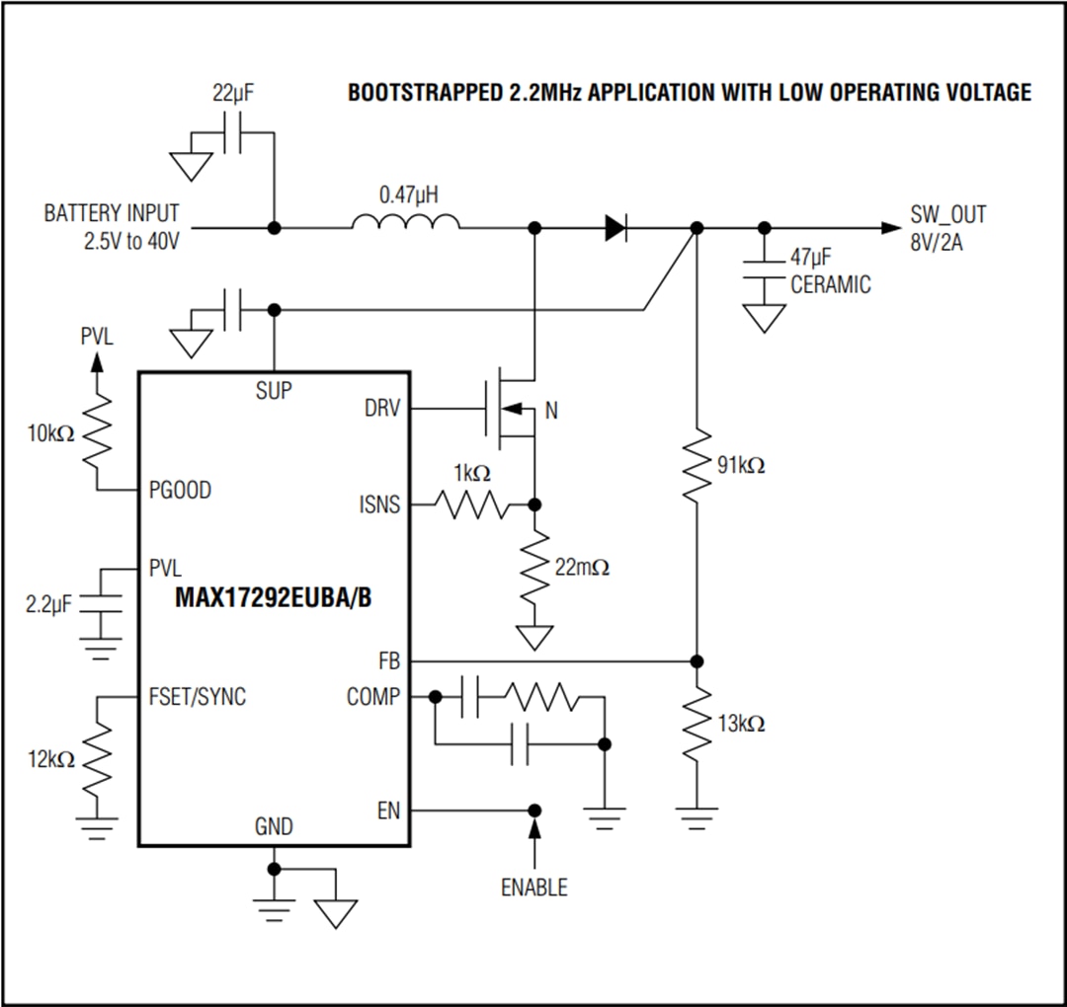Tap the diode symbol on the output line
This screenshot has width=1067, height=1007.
616,228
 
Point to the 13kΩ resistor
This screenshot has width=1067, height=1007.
697,724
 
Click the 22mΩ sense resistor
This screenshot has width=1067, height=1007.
534,567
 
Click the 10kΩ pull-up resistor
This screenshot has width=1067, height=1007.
97,432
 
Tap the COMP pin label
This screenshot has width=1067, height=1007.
373,697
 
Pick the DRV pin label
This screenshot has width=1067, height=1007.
382,408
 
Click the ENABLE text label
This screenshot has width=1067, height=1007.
534,887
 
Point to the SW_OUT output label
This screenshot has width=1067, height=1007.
948,214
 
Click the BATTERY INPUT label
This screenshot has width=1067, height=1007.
112,213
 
